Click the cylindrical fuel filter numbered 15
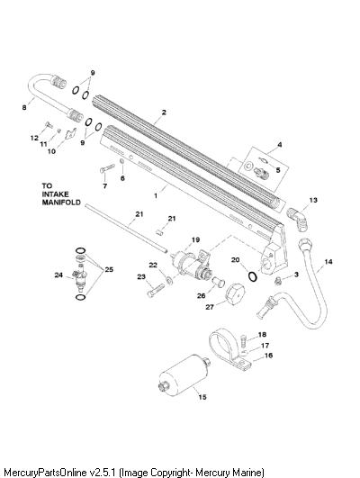pos(184,376)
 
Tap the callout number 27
pos(210,307)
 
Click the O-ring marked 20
pos(253,276)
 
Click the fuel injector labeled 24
pos(79,276)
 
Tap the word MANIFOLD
pos(61,203)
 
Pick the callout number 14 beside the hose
pos(328,262)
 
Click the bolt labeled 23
pos(156,290)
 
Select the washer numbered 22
pos(169,280)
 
